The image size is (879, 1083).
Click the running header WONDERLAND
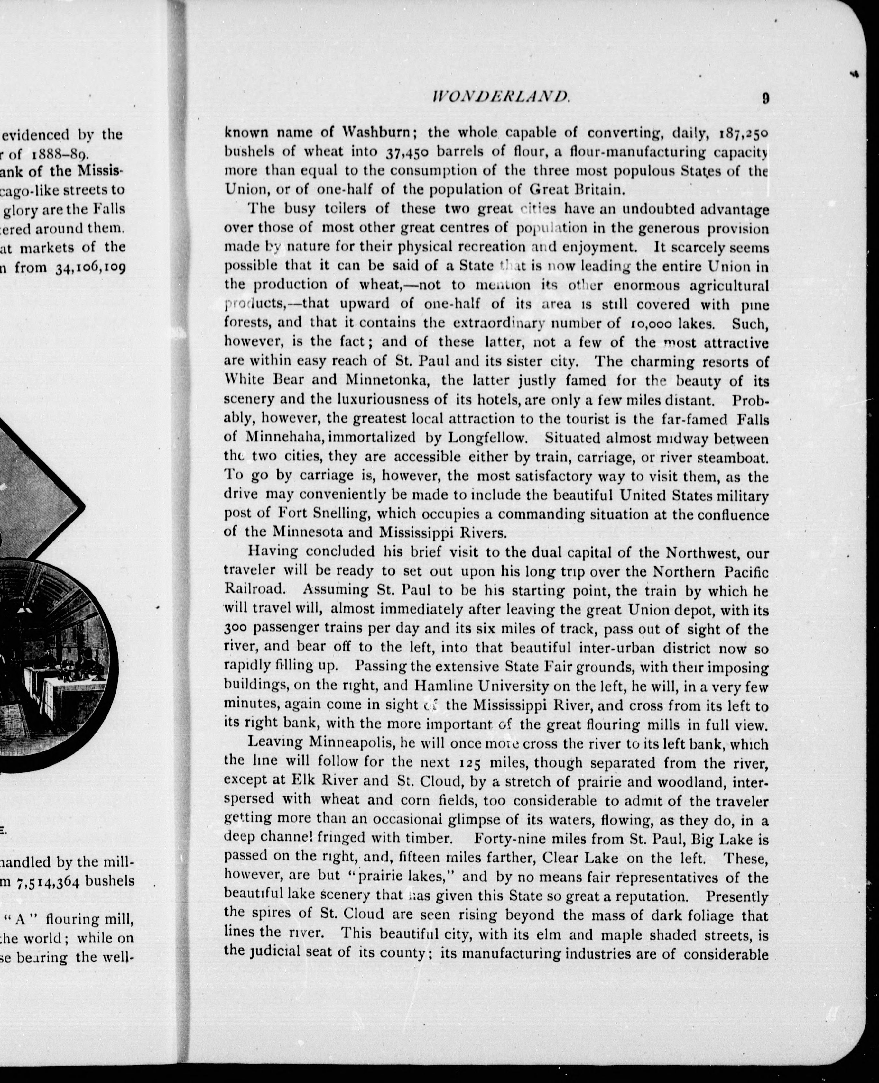pos(500,97)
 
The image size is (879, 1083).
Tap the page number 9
pos(765,98)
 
